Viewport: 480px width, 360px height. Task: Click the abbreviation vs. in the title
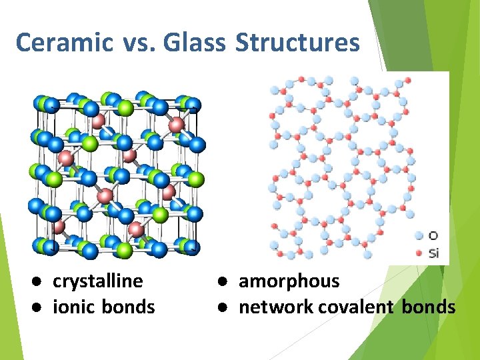tap(138, 43)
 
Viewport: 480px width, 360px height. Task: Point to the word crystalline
tap(97, 281)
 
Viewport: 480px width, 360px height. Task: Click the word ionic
tap(75, 307)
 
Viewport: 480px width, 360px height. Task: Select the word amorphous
tap(289, 281)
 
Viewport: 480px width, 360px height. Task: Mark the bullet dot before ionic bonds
tap(41, 307)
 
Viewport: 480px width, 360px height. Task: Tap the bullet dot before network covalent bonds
tap(227, 307)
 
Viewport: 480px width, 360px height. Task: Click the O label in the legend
tap(433, 235)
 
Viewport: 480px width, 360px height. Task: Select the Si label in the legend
tap(433, 253)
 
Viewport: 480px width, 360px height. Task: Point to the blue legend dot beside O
tap(419, 235)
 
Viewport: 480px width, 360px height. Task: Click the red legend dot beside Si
tap(419, 253)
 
